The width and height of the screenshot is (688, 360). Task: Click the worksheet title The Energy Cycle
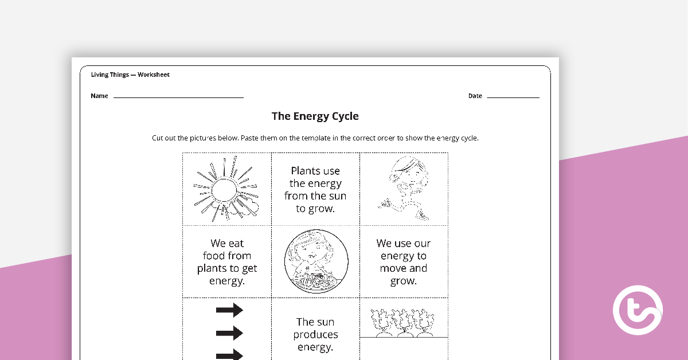(315, 116)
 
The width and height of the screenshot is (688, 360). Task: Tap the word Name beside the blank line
(99, 96)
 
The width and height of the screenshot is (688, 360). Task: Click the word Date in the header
(475, 96)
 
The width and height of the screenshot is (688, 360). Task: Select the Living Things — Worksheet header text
(130, 75)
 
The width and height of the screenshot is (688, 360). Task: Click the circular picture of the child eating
(315, 262)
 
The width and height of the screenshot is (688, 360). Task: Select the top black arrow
(229, 311)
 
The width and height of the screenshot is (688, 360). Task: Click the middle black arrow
(229, 332)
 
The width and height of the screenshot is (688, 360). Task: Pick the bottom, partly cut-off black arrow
(229, 354)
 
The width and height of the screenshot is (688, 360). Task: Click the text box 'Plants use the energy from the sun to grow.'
(315, 190)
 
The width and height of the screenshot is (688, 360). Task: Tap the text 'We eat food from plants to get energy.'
(227, 262)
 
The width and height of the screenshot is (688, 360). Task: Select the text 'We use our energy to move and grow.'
(403, 262)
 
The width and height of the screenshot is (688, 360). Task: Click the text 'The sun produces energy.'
(315, 334)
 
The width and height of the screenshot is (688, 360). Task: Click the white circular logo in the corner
(638, 311)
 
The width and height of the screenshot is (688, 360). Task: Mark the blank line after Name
(178, 97)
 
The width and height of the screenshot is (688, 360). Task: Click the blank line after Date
(513, 97)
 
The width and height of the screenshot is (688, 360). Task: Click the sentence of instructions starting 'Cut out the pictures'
(315, 138)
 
